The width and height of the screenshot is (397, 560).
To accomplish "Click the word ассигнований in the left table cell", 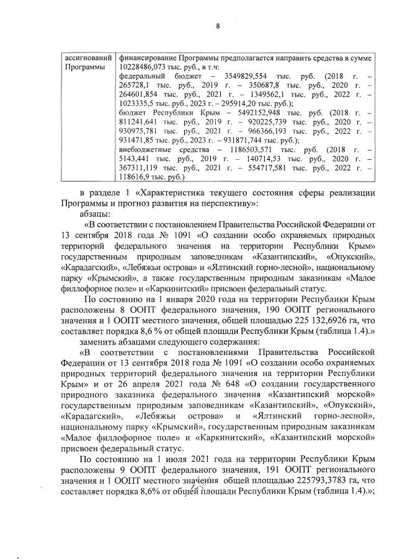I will point(86,58).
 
